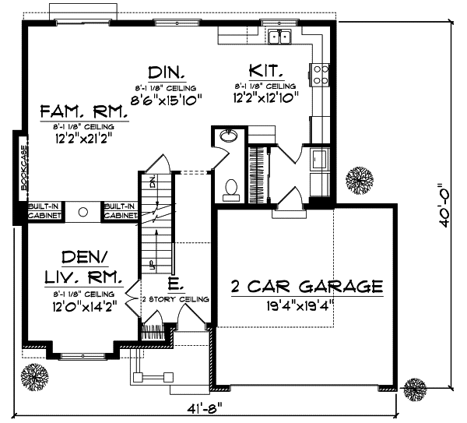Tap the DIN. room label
(167, 72)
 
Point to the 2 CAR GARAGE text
(307, 286)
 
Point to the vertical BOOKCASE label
(23, 167)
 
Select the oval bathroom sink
(228, 137)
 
